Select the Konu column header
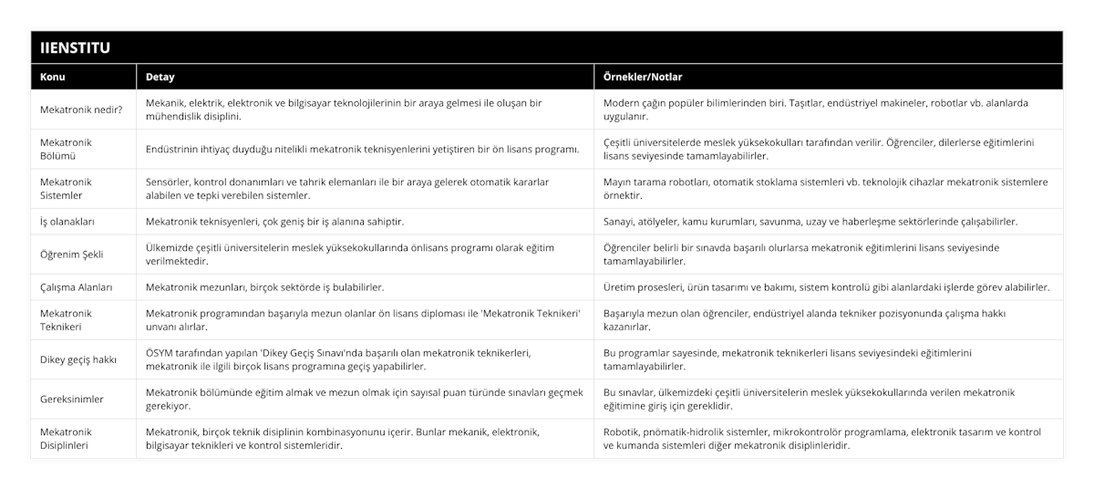click(x=53, y=77)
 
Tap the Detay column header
click(x=160, y=77)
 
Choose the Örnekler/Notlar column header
click(x=643, y=77)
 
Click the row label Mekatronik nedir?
click(x=80, y=109)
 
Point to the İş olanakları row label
click(x=67, y=221)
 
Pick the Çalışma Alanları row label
click(x=77, y=286)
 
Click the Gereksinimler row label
click(x=72, y=399)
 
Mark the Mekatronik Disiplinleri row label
click(x=65, y=439)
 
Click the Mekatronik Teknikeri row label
click(x=66, y=319)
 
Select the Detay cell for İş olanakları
click(x=274, y=221)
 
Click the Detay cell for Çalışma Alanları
click(x=264, y=286)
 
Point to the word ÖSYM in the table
click(x=161, y=352)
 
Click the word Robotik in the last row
click(x=623, y=432)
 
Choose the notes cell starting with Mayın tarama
click(x=825, y=188)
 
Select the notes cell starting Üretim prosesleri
click(x=826, y=286)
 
